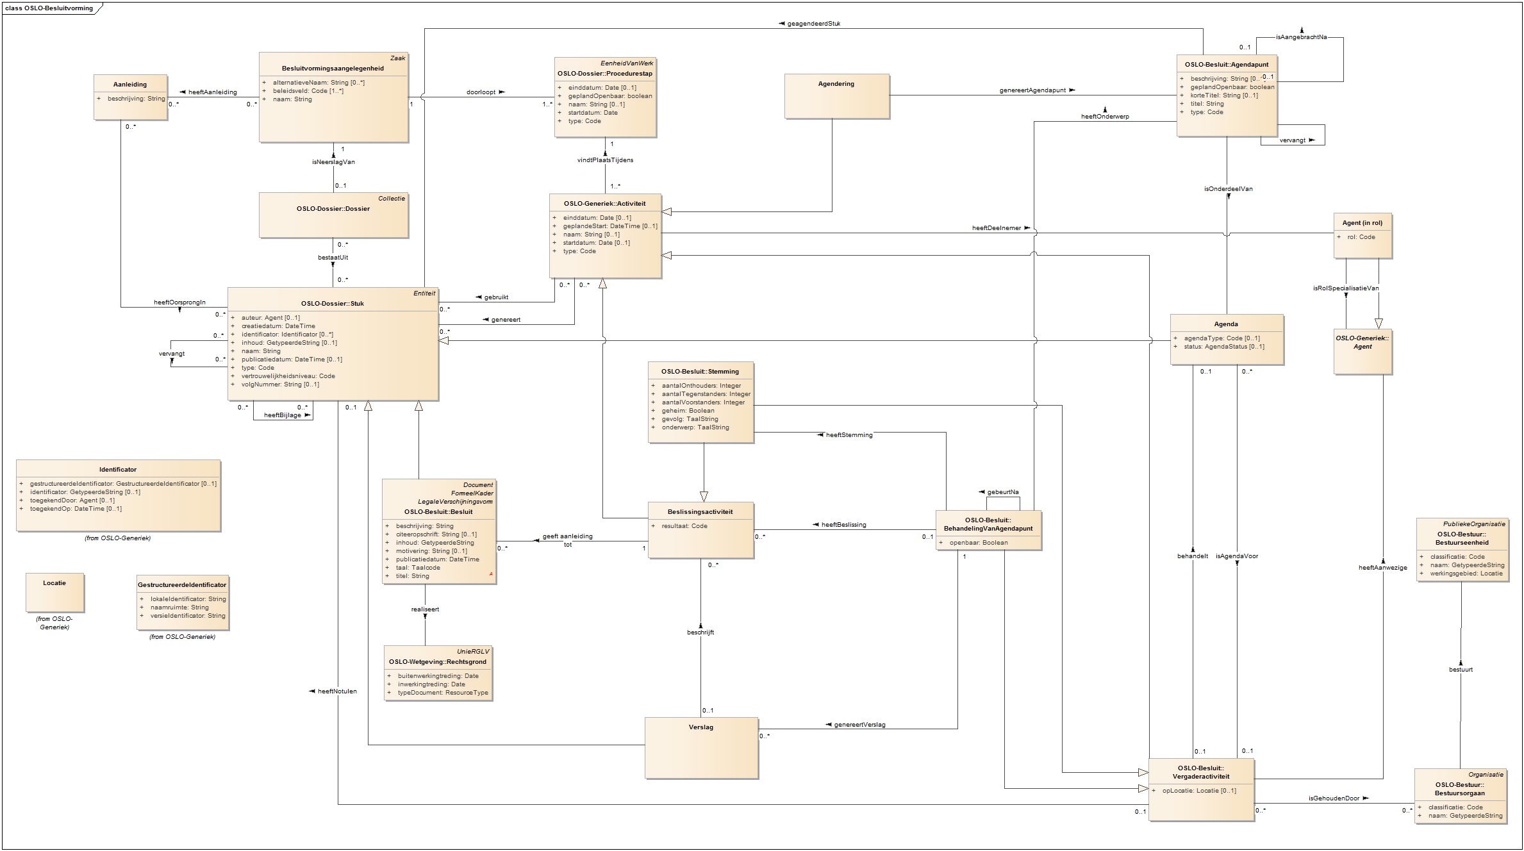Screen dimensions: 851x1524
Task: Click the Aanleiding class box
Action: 130,97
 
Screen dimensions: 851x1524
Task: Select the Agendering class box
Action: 836,95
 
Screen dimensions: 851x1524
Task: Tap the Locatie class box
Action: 54,592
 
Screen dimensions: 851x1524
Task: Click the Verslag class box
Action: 701,747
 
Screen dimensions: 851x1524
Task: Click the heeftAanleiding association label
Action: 212,92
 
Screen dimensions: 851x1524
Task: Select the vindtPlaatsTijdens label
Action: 605,160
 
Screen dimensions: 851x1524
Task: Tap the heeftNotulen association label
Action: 337,691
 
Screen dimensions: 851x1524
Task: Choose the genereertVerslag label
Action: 859,725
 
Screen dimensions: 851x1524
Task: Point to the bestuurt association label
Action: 1461,670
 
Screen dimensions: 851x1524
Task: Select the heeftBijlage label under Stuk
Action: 283,415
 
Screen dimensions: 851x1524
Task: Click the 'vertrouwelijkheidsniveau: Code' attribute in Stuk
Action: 288,376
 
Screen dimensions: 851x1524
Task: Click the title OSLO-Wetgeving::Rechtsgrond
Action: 438,662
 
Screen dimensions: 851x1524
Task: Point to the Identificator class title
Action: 118,470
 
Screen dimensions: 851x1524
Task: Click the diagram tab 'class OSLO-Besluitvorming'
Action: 49,8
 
